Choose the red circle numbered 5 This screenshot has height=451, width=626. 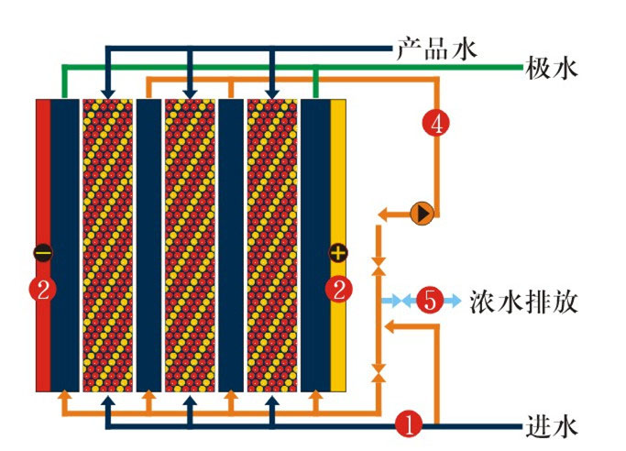429,300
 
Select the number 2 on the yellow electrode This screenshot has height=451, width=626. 339,291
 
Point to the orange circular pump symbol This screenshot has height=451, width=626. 422,214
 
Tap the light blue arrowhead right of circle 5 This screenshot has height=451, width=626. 456,300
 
